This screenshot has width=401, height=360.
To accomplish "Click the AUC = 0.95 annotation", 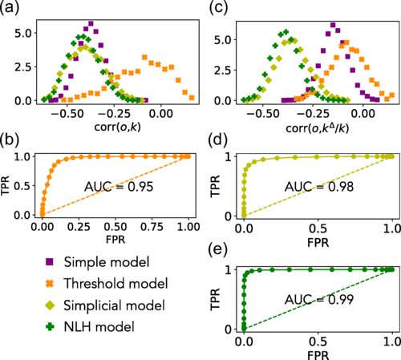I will (x=121, y=189).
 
